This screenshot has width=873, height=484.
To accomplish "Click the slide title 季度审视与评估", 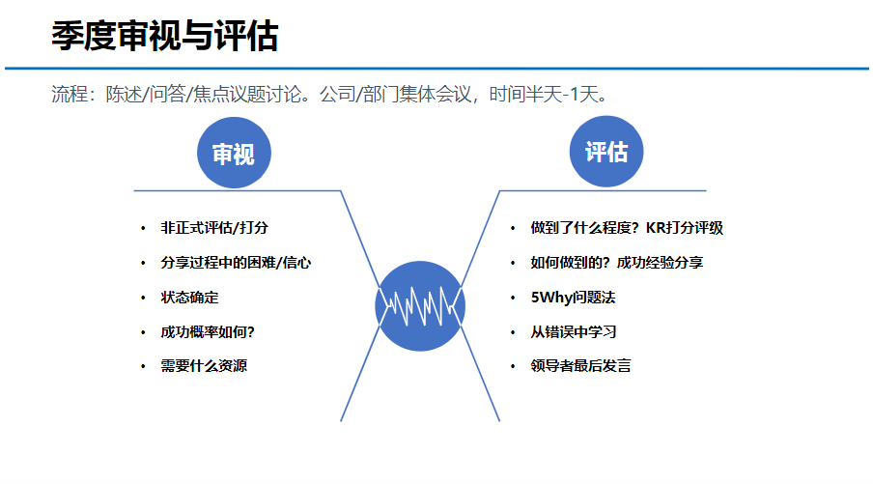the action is (164, 37).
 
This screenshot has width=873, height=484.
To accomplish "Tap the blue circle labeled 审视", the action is (234, 153).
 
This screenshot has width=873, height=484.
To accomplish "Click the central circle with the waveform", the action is (420, 306).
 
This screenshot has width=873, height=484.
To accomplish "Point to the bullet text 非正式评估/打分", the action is (214, 229).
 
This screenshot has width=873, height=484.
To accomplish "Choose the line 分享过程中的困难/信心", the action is (236, 263).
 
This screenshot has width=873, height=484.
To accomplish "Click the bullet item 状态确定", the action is (189, 298).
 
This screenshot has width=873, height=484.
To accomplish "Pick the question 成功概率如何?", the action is (208, 332).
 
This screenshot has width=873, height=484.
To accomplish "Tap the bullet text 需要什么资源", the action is (204, 367).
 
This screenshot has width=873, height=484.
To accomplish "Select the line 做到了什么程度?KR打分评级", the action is (627, 229).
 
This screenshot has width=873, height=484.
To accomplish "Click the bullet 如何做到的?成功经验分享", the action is (616, 263).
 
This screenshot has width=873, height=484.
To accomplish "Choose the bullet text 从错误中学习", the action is (574, 332).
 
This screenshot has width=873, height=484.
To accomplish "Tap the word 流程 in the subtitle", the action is (69, 95).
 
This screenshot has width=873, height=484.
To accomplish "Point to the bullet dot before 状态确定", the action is (143, 298).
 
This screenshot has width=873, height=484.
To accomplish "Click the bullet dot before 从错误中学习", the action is (513, 332).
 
